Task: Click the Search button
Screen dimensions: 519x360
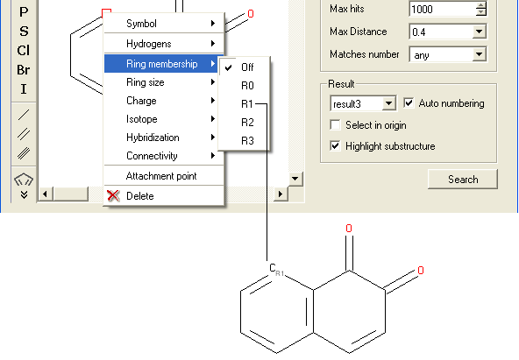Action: tap(463, 180)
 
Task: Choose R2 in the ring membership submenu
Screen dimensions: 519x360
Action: tap(247, 123)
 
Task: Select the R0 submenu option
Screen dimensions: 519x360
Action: tap(247, 86)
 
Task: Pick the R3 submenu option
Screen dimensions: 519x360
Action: tap(247, 141)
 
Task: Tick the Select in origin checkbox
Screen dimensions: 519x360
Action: tap(335, 125)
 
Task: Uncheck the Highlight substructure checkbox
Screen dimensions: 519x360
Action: tap(335, 145)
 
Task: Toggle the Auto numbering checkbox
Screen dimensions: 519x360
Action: tap(409, 102)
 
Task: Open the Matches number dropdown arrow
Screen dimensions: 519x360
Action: tap(479, 54)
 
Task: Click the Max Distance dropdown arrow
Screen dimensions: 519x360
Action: tap(479, 32)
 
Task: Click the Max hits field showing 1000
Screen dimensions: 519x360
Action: tap(443, 9)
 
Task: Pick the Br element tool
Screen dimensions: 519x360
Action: tap(24, 70)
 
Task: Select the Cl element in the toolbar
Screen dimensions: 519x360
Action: tap(24, 51)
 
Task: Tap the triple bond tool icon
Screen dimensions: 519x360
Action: tap(24, 153)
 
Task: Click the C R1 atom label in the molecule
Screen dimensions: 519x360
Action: tap(276, 269)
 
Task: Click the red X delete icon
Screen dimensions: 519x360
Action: tap(113, 195)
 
